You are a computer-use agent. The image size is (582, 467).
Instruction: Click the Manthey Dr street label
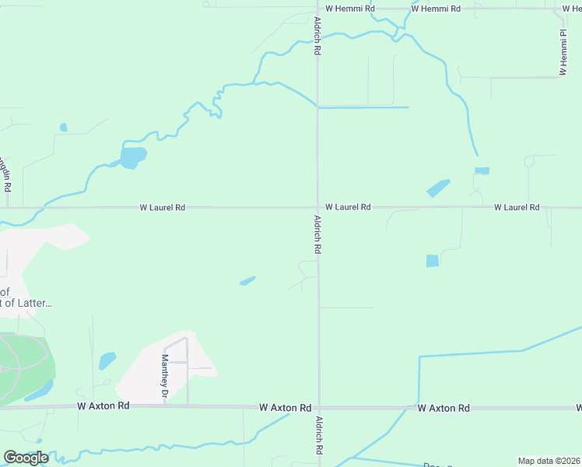[165, 377]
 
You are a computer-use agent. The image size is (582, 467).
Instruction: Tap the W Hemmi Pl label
[562, 53]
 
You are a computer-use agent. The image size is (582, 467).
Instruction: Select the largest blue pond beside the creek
[133, 157]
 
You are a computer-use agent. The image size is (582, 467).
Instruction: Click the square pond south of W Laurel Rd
[433, 261]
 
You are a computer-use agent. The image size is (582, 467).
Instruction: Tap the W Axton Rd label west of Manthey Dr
[103, 406]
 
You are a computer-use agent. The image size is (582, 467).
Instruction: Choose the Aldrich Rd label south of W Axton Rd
[319, 437]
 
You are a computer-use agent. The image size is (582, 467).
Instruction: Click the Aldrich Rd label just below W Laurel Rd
[317, 235]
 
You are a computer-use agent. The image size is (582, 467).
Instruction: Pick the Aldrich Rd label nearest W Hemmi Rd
[317, 36]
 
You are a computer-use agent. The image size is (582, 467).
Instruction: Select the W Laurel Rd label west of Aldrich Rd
[163, 208]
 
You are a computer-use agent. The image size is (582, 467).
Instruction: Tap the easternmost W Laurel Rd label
[517, 207]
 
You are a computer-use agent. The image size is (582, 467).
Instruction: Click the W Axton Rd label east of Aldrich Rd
[444, 408]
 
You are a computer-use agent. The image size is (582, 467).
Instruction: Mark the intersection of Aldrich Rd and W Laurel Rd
[317, 208]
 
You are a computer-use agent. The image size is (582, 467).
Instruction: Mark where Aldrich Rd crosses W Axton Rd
[318, 407]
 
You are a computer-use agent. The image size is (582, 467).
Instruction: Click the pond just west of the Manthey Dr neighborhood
[107, 360]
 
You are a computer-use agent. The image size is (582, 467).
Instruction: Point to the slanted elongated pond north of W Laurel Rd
[438, 188]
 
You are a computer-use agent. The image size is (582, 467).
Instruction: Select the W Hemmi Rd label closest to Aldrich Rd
[350, 9]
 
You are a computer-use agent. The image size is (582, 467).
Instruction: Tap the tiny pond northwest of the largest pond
[64, 128]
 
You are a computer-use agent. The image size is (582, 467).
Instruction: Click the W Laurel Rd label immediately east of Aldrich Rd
[348, 207]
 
